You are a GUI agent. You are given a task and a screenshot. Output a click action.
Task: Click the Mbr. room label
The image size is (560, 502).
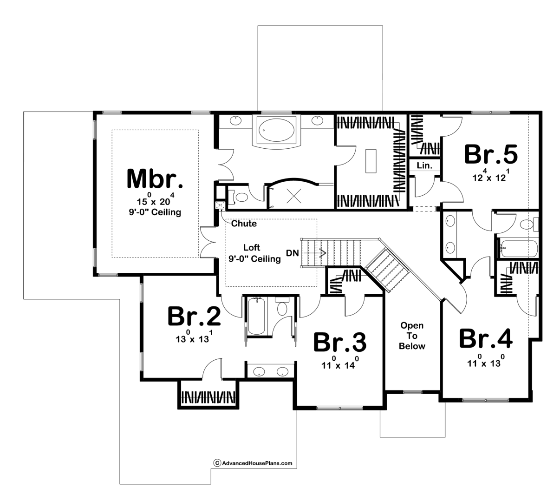coord(155,179)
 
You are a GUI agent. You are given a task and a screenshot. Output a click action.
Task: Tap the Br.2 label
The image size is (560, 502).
coord(194,316)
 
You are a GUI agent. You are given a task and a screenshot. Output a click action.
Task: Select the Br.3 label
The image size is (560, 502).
coord(340,342)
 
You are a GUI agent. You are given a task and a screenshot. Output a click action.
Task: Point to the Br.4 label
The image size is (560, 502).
coord(486,338)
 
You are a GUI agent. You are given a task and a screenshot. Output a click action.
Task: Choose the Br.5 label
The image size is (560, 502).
coord(491,154)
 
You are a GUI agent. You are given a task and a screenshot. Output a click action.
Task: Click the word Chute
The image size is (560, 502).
coord(244,223)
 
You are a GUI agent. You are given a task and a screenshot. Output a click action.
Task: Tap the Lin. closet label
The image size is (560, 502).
coord(424,165)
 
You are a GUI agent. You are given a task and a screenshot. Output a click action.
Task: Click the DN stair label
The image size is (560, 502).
coord(293,253)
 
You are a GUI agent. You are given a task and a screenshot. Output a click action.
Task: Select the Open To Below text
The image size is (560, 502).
coord(412,336)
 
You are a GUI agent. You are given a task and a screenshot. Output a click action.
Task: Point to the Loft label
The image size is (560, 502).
coord(252,247)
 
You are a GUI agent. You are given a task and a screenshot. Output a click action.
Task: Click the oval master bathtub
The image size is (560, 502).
coord(276,130)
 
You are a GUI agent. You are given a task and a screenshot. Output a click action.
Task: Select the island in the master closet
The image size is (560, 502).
coord(371,161)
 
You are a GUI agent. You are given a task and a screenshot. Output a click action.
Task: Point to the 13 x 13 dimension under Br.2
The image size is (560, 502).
coord(194,337)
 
